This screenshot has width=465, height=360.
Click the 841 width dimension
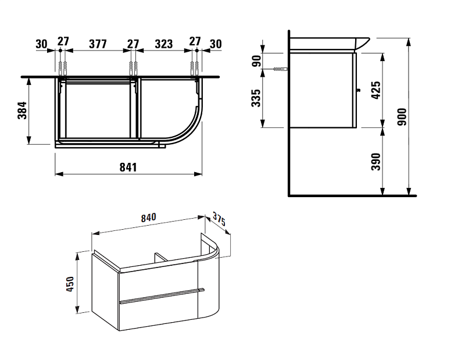click(128, 167)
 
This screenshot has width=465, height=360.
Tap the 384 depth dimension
click(22, 111)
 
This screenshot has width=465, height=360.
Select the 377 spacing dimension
click(98, 44)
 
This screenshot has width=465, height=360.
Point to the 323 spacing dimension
click(164, 44)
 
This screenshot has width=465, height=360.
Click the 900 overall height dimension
click(402, 117)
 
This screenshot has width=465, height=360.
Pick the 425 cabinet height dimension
click(376, 90)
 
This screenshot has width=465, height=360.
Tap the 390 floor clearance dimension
click(376, 162)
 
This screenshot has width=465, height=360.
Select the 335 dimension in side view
click(256, 98)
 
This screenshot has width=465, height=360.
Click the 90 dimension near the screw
click(257, 61)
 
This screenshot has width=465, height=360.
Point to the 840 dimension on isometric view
click(148, 218)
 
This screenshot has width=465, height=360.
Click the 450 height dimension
click(70, 284)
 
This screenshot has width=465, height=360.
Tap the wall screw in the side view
click(280, 69)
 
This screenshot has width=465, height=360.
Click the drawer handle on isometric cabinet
click(162, 295)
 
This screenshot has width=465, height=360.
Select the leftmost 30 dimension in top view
click(41, 44)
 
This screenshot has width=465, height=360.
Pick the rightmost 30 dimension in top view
click(216, 44)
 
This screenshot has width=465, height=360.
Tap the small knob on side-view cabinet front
click(357, 90)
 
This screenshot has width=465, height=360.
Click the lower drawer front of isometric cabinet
click(158, 314)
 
